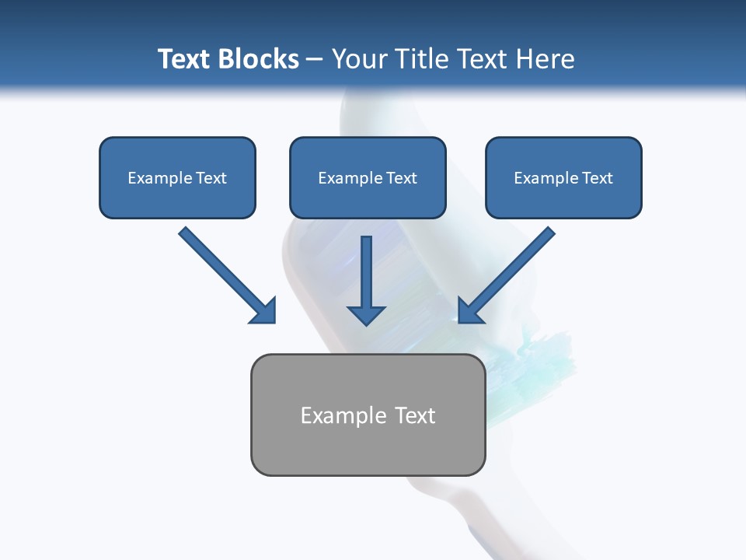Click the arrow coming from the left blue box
click(x=225, y=274)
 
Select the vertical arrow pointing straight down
click(x=366, y=272)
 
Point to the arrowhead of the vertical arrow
click(x=366, y=315)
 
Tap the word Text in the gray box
click(x=415, y=416)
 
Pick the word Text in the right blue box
click(x=597, y=178)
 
